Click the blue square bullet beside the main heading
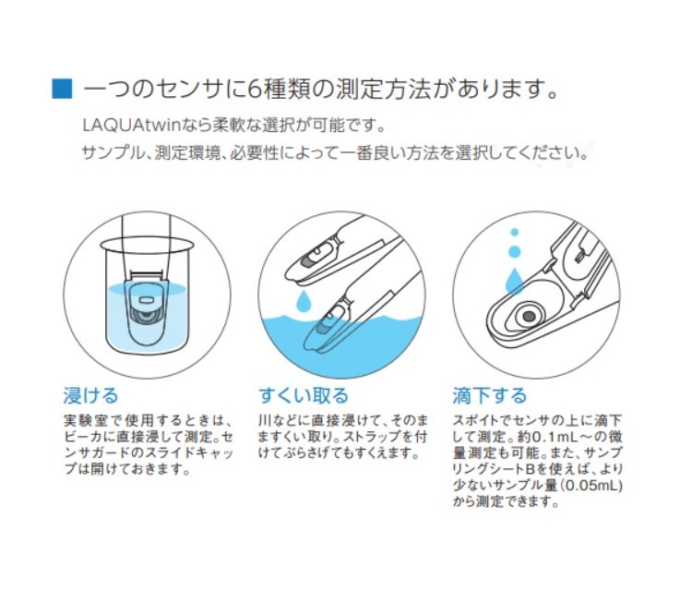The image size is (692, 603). pos(62,89)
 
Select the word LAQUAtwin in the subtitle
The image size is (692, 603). pos(132,126)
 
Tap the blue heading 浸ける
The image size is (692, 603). pos(91,395)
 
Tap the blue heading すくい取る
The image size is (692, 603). pos(304,395)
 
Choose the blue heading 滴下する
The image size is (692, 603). pos(490,395)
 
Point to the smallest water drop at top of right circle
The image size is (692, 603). pos(514,232)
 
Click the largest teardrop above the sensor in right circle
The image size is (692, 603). pos(514,281)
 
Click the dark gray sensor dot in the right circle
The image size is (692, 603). pos(529,316)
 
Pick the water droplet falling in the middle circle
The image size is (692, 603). pos(304,301)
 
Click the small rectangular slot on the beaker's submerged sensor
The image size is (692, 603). pos(146,300)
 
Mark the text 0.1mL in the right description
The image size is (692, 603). pos(554,437)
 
